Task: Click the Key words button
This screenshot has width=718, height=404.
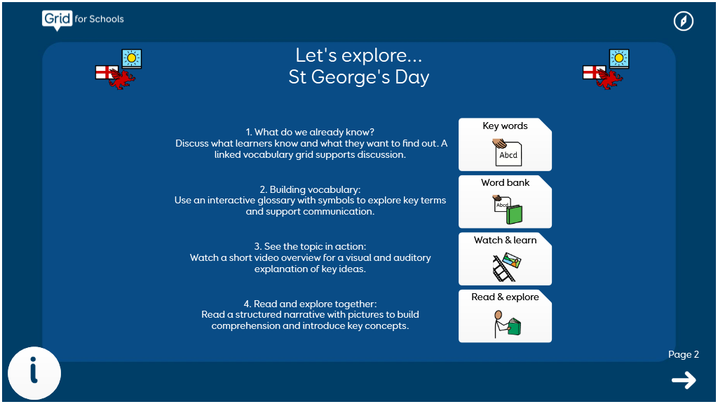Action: (x=505, y=144)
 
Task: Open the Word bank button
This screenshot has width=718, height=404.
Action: (x=505, y=201)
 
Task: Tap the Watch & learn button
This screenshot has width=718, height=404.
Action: (x=505, y=259)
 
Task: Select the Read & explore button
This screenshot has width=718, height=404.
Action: (x=505, y=316)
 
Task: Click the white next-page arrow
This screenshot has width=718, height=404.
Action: (x=684, y=380)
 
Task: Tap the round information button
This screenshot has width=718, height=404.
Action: (x=34, y=373)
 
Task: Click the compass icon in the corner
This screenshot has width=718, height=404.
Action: (x=683, y=21)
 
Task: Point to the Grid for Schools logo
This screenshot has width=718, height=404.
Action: (x=83, y=20)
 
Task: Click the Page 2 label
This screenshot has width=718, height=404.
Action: (x=683, y=354)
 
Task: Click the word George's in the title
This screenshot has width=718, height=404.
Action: (x=351, y=77)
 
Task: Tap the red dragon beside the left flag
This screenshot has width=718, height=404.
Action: (x=122, y=79)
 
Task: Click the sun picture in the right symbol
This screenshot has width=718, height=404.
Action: (x=619, y=59)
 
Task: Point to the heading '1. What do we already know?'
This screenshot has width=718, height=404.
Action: (x=310, y=133)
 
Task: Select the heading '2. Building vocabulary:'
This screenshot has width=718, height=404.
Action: (x=310, y=189)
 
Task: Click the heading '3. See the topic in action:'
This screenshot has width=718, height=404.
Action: (x=310, y=246)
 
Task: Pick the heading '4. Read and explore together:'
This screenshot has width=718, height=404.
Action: (x=310, y=304)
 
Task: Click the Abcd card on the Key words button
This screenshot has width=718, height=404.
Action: (x=508, y=154)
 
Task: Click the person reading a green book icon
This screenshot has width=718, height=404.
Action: (x=507, y=324)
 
